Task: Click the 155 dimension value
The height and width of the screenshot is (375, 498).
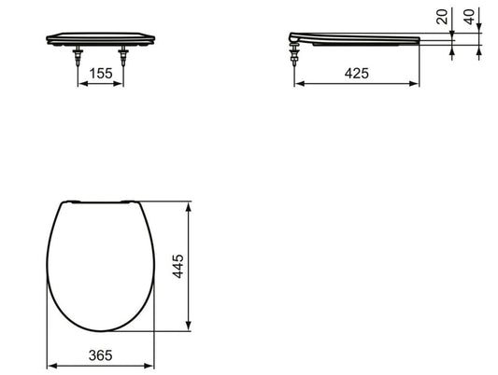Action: pos(101,74)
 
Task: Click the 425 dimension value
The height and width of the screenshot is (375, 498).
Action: pos(357,74)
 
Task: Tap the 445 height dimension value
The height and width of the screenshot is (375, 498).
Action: pos(178,266)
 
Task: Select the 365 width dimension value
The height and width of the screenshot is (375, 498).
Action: pos(100,355)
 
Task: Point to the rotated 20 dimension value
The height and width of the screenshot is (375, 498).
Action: pos(442,17)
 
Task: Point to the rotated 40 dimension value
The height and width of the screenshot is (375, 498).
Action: pos(469,17)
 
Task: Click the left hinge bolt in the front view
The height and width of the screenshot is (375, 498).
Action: pos(78,55)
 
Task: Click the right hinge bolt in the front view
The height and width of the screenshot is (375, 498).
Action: pos(123,55)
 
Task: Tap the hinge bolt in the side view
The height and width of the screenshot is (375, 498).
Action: pos(294,54)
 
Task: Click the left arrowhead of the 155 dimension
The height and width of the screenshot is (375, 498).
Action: pos(82,84)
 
